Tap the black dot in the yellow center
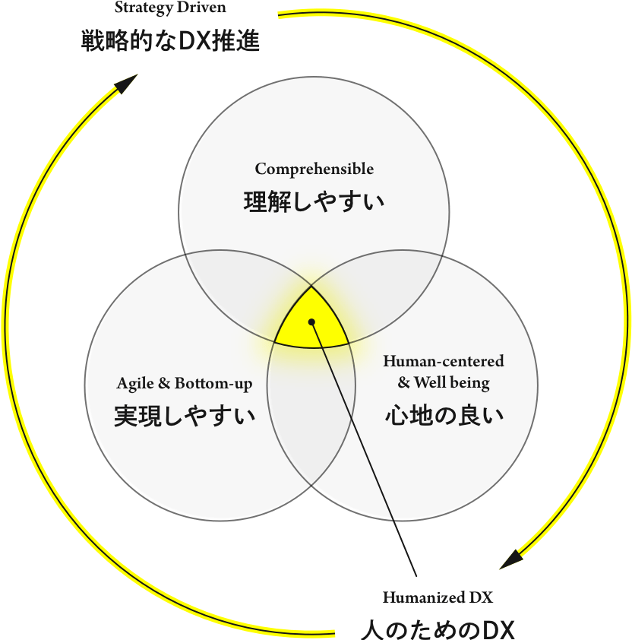[x=311, y=322]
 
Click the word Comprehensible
[x=314, y=169]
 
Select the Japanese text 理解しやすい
[x=314, y=202]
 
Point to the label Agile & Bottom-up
[x=184, y=383]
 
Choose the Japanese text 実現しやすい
[x=184, y=416]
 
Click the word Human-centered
[x=443, y=361]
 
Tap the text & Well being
[x=443, y=382]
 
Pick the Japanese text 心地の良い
[x=444, y=416]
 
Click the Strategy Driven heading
[x=170, y=9]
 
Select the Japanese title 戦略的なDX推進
[x=170, y=41]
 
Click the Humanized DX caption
[x=438, y=597]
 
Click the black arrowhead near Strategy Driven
[x=126, y=84]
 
